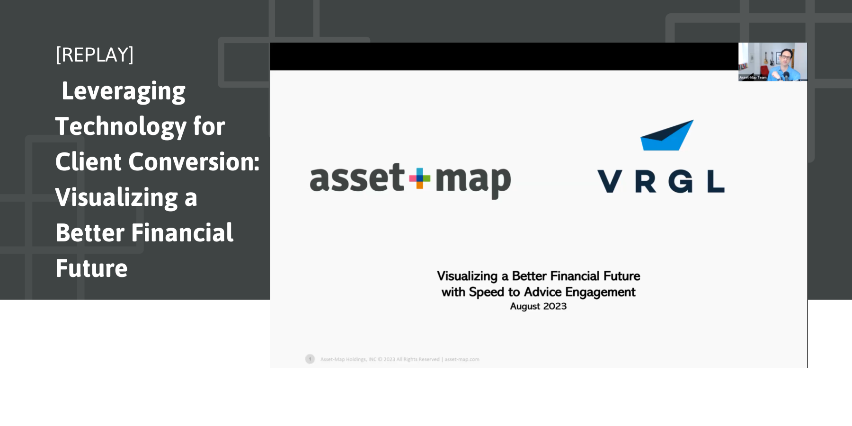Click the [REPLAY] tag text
(x=95, y=55)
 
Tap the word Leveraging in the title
(x=124, y=91)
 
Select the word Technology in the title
(x=121, y=126)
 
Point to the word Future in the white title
(x=91, y=268)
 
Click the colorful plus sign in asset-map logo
(x=419, y=178)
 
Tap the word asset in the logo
(x=357, y=178)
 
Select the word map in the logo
(x=472, y=180)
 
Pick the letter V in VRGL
(x=610, y=182)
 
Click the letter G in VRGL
(x=681, y=182)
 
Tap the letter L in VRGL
(x=715, y=182)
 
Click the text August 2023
(x=538, y=306)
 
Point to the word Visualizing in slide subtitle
(x=467, y=276)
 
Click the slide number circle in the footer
(x=310, y=359)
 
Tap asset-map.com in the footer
(x=461, y=359)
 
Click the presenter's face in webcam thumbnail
(x=786, y=57)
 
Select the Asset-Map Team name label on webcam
(x=753, y=77)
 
